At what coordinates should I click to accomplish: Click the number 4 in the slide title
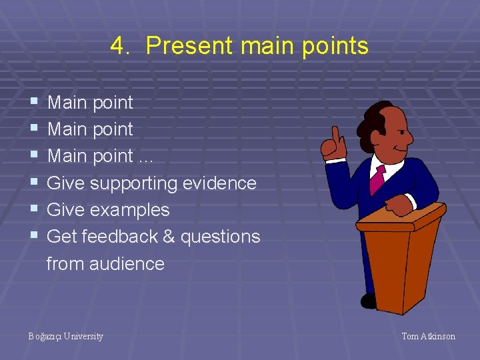coord(117,46)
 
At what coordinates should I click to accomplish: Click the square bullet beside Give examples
coord(34,209)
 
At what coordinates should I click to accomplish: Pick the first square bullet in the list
coord(34,102)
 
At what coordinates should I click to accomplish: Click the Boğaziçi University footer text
coord(65,336)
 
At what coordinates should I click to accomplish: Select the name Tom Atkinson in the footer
coord(428,336)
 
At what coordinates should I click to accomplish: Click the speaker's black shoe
coord(369,301)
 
